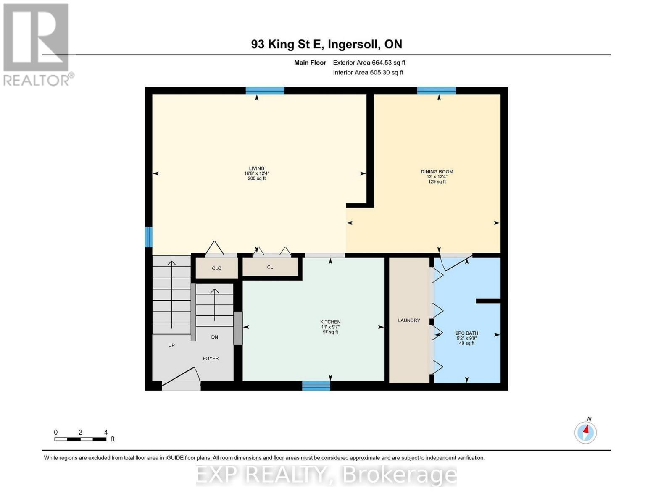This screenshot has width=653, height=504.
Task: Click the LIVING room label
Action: tap(256, 168)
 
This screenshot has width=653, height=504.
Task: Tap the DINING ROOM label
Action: tap(437, 172)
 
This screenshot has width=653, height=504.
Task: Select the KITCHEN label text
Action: tap(330, 322)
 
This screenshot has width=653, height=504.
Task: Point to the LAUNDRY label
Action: tap(409, 320)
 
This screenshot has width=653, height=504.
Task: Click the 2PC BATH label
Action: tap(467, 333)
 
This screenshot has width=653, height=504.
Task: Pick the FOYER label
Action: tap(211, 358)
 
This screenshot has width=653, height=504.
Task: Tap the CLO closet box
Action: tap(216, 268)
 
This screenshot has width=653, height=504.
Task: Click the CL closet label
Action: tap(270, 267)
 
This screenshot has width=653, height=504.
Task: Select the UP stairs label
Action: tap(171, 345)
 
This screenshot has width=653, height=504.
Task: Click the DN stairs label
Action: tap(214, 337)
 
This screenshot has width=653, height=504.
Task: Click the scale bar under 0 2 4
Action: tap(80, 439)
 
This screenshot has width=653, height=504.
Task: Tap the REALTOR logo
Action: tap(37, 44)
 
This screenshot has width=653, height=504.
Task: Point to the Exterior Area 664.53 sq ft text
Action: tap(369, 63)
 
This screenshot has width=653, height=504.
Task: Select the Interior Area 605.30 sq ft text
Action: tap(368, 73)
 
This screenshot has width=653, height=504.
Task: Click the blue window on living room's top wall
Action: tap(265, 90)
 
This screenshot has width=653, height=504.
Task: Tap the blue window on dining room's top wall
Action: tap(436, 90)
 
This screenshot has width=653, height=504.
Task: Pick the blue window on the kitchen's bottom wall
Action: tap(316, 386)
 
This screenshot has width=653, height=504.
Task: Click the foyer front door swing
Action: tap(181, 378)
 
